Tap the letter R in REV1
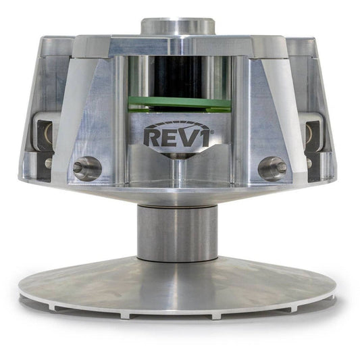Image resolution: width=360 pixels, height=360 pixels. point(152,138)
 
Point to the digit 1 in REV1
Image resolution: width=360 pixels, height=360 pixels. point(204,138)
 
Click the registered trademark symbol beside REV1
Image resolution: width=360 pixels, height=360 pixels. point(212,132)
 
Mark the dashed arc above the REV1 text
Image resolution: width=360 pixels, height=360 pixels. point(177,124)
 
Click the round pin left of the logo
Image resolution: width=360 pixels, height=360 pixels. point(87,169)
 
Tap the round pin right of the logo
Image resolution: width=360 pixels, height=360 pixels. point(272,169)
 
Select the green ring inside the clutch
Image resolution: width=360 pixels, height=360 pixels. point(179,104)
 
